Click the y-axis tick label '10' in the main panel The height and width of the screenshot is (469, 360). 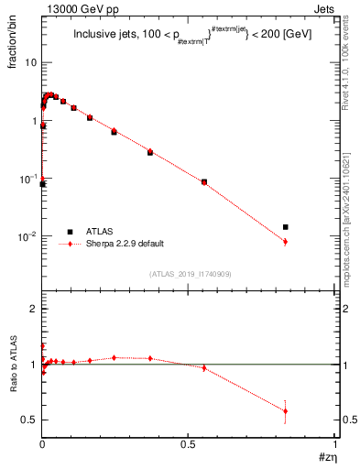[x=31, y=63]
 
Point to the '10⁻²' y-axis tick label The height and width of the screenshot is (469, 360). [x=28, y=235]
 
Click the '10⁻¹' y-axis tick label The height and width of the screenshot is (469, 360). [x=28, y=178]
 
